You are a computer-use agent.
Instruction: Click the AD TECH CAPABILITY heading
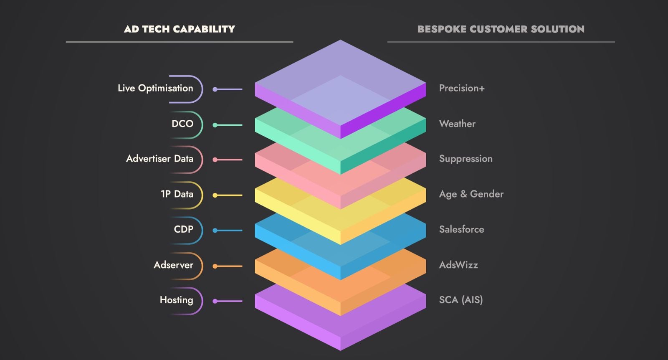coord(180,29)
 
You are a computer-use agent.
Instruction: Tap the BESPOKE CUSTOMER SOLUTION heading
coord(501,29)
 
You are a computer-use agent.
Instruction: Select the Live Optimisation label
coord(155,89)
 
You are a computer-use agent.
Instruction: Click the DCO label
coord(182,124)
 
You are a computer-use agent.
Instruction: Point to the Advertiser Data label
coord(159,159)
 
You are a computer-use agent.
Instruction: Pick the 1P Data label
coord(177,194)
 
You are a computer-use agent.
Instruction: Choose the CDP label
coord(183,229)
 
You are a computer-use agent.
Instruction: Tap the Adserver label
coord(173,265)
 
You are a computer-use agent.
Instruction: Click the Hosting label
coord(176,300)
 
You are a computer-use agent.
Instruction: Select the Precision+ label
coord(462,89)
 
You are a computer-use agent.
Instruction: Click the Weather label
coord(457,124)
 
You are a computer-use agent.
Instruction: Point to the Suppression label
coord(466,159)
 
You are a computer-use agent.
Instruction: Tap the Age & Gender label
coord(471,194)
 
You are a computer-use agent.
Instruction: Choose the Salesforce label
coord(461,229)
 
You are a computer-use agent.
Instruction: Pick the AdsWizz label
coord(458,265)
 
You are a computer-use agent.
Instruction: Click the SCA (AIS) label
coord(461,300)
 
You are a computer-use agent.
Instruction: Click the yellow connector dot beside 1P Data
coord(215,195)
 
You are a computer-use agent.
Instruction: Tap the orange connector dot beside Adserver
coord(215,266)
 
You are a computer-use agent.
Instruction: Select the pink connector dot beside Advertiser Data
coord(215,160)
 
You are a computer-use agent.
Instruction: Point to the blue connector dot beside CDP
coord(215,231)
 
